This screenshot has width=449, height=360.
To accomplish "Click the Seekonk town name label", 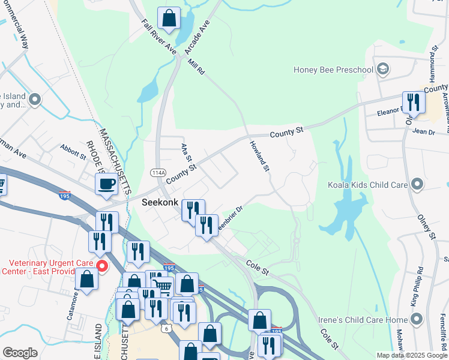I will pyautogui.click(x=159, y=203).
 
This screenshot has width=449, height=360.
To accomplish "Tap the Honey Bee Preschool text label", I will pyautogui.click(x=333, y=70).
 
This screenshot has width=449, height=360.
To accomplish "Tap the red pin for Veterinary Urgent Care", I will pyautogui.click(x=102, y=266).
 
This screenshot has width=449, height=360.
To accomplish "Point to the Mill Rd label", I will pyautogui.click(x=196, y=65).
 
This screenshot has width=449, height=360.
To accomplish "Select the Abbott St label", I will pyautogui.click(x=74, y=152).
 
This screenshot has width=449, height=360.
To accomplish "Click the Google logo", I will pyautogui.click(x=20, y=353).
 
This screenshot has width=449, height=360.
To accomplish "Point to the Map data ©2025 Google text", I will pyautogui.click(x=411, y=355).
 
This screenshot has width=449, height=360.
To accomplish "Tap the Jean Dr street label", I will pyautogui.click(x=424, y=131).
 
